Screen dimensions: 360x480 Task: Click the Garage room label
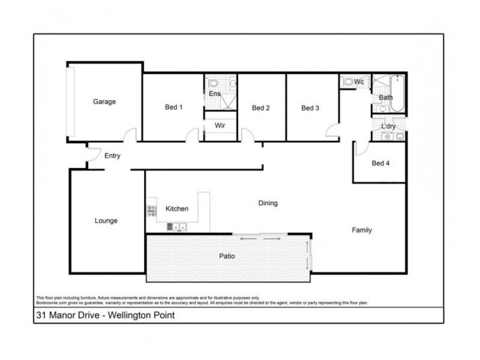point(104,102)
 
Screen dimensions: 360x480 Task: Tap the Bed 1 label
point(173,108)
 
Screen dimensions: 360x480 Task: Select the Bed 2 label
point(260,109)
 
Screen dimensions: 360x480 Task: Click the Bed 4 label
point(380,163)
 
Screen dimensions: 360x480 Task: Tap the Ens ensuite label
point(214,94)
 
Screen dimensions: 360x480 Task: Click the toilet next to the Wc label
point(347,82)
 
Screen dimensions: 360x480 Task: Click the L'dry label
point(388,126)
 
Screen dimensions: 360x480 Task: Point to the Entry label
point(112,156)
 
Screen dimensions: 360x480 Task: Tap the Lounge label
point(106,221)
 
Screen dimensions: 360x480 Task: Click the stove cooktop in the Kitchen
point(151,210)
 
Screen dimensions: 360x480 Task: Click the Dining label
point(268,203)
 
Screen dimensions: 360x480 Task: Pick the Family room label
point(362,230)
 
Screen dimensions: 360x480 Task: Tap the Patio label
point(226,256)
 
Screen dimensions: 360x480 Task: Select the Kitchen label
point(177,209)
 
